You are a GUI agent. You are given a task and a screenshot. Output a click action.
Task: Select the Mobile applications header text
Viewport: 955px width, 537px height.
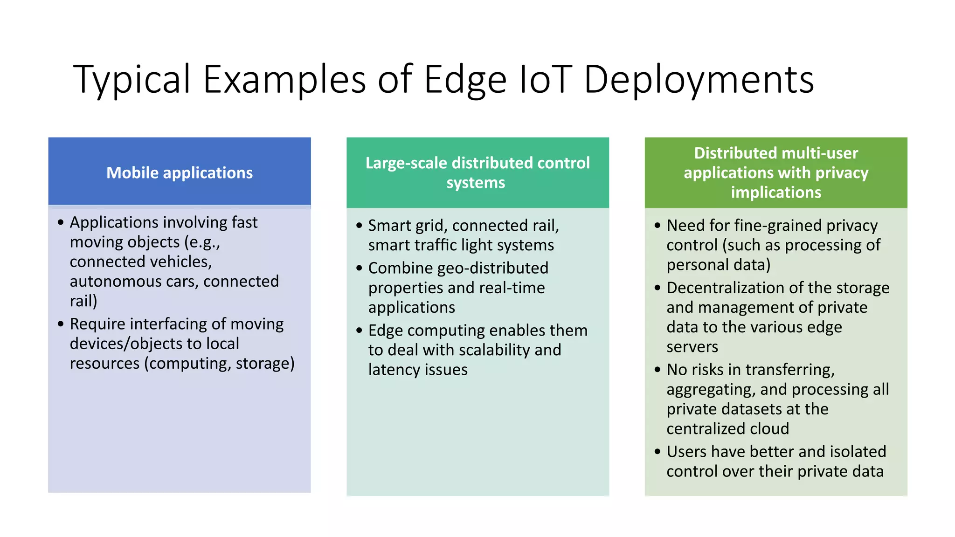pos(180,173)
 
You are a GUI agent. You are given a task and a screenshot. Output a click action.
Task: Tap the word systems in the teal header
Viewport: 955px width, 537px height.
pos(476,183)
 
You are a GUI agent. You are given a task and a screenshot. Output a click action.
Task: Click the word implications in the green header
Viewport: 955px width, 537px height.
pos(776,193)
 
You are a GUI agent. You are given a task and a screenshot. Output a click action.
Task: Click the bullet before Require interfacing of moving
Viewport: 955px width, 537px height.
pos(61,324)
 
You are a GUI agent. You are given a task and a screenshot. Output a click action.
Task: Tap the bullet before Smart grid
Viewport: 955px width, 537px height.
pos(359,226)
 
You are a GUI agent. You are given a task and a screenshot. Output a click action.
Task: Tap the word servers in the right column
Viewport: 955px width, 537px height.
pos(692,347)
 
